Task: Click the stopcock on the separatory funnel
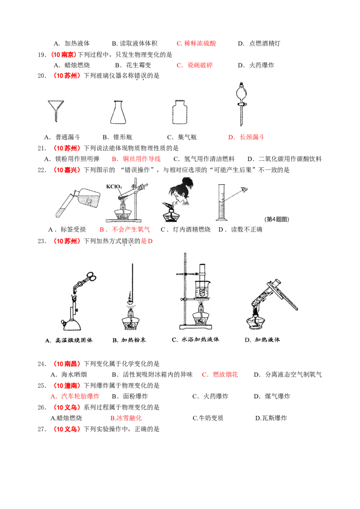coord(243,106)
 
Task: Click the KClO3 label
coord(114,187)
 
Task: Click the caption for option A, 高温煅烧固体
coord(69,340)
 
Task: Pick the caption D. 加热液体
coord(262,340)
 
